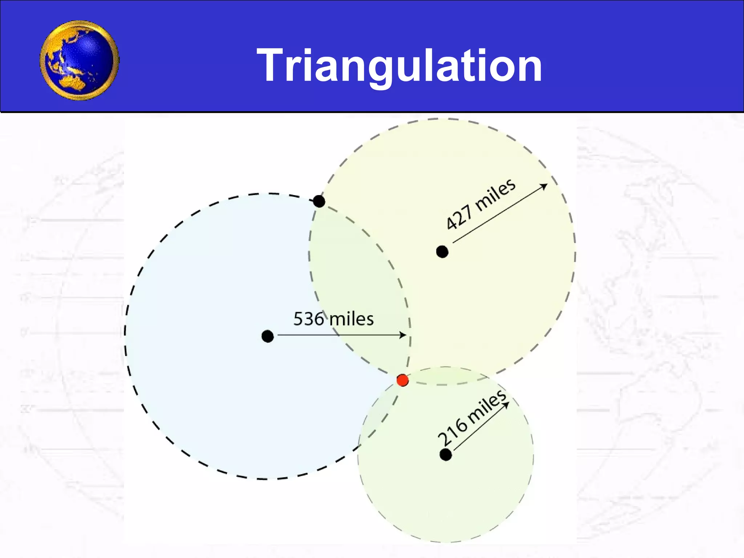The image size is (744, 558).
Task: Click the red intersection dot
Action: coord(403,380)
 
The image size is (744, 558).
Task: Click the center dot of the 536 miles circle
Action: coord(268,336)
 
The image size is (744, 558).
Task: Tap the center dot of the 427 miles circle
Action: coord(442,251)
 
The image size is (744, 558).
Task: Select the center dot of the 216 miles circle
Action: coord(446,454)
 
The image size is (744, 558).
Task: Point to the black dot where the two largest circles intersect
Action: coord(319,201)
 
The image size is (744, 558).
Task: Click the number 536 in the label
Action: coord(308,319)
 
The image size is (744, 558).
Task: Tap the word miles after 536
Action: coord(351,319)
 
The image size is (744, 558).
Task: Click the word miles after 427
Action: coord(495,195)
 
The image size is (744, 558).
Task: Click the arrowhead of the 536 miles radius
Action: coord(403,335)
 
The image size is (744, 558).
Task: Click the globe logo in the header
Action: coord(80,60)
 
